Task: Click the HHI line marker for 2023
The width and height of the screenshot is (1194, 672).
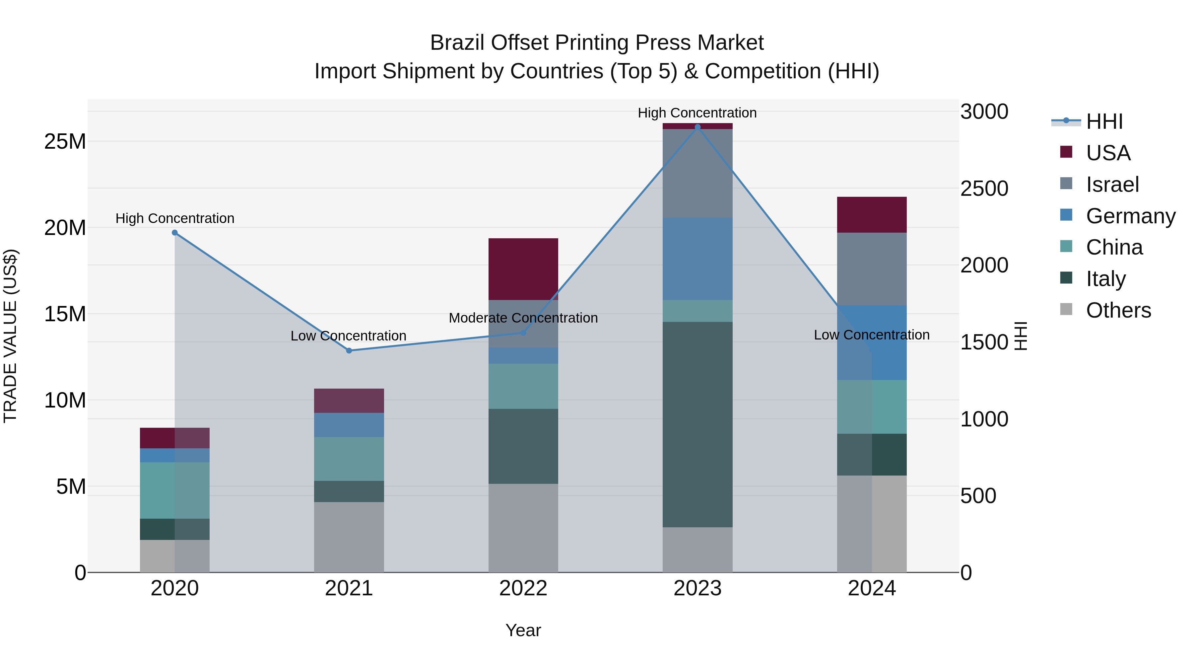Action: click(697, 127)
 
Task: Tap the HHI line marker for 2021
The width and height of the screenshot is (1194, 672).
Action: click(349, 351)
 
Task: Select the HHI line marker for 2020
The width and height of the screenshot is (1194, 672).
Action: click(175, 233)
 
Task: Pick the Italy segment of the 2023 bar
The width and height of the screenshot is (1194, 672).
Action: click(697, 424)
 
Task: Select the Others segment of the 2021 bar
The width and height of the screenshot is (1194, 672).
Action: click(349, 537)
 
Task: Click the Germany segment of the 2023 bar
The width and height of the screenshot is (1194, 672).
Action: click(697, 259)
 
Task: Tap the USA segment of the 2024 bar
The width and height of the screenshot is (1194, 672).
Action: click(871, 215)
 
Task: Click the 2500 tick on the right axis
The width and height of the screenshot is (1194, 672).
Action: click(984, 189)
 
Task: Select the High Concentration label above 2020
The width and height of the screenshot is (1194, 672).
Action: click(175, 218)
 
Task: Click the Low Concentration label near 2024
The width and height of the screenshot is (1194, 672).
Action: click(871, 335)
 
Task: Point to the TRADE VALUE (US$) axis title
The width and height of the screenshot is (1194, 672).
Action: click(10, 336)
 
